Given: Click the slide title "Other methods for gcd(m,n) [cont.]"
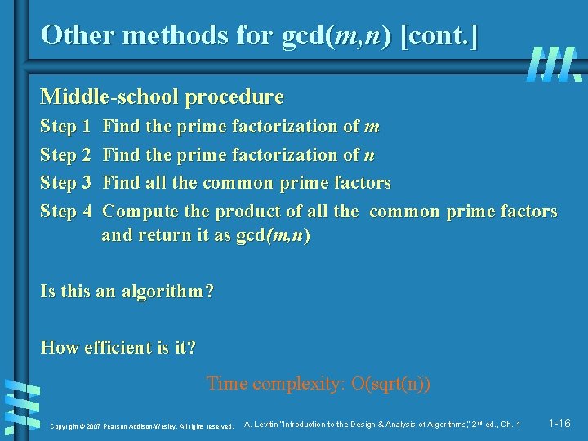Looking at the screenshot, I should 260,34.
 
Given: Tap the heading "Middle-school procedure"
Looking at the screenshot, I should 162,97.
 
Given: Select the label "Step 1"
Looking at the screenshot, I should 65,127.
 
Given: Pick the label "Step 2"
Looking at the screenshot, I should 65,154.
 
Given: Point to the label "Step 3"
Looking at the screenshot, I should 65,182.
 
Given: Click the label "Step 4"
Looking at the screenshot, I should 65,211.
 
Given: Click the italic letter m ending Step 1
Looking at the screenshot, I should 372,127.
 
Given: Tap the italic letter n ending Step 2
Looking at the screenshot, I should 370,155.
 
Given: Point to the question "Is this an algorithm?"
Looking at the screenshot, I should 127,291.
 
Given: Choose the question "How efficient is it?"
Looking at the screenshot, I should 118,347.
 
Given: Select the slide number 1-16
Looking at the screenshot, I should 559,423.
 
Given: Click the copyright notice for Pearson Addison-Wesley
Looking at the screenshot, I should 142,425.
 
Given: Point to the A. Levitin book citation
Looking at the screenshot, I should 382,424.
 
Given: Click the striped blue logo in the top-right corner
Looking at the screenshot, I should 554,63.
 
